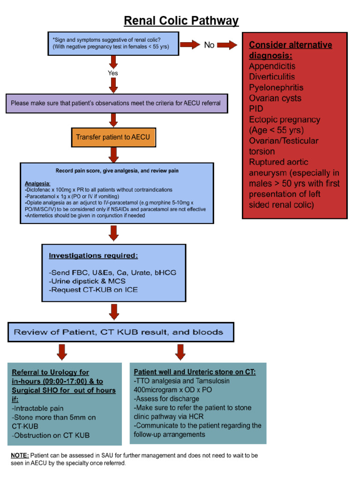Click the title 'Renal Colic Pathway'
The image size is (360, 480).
point(181,21)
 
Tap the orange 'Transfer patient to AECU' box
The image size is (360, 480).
point(113,138)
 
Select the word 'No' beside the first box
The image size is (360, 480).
point(210,45)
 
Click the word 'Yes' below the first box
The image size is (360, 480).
point(113,73)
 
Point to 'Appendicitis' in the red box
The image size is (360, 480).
point(272,66)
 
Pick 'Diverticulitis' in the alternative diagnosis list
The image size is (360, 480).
point(272,77)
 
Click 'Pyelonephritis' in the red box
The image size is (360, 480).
point(276,88)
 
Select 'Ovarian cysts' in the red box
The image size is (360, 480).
point(275,98)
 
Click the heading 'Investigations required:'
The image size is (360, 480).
point(93,255)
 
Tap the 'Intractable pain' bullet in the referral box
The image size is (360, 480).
point(38,408)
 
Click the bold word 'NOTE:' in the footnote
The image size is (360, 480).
point(20,455)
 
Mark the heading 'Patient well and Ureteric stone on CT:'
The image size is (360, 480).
point(195,372)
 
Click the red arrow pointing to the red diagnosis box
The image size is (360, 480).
point(227,45)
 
